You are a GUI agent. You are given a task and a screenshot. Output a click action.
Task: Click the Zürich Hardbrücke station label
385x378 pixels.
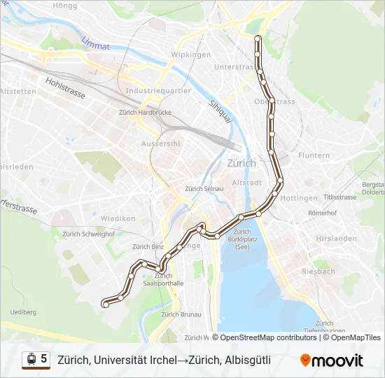[x=141, y=112]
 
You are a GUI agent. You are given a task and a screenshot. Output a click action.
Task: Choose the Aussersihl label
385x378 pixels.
[x=161, y=143]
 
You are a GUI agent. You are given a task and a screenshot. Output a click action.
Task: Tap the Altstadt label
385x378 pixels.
[x=246, y=182]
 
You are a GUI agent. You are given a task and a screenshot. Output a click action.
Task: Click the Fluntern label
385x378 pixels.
[x=314, y=155]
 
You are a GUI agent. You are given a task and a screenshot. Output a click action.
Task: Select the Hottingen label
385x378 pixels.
[x=299, y=198]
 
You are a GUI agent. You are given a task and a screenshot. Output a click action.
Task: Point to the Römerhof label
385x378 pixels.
[x=323, y=212]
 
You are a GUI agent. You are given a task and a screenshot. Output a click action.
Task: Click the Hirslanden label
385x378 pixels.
[x=332, y=238]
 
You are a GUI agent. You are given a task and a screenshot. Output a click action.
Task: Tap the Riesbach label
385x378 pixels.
[x=318, y=271]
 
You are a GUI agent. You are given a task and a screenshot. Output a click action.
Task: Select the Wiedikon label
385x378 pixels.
[x=118, y=218]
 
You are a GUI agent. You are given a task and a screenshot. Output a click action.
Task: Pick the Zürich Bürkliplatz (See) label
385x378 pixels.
[x=242, y=239]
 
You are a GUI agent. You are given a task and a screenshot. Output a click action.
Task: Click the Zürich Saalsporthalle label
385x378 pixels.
[x=162, y=280]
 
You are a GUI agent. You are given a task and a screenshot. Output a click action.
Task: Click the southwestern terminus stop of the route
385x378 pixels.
[x=106, y=304]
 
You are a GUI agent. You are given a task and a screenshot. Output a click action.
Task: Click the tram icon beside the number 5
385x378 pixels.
[x=31, y=359]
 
